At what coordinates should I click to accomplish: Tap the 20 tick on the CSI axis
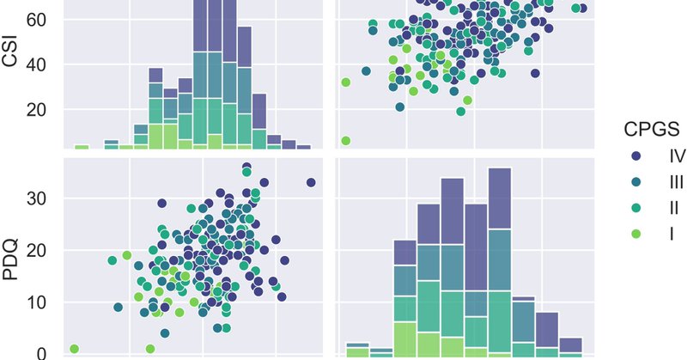[45, 110]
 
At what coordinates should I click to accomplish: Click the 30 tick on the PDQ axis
[45, 198]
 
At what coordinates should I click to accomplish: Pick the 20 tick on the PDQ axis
[45, 250]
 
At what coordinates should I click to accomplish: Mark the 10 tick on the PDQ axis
[45, 302]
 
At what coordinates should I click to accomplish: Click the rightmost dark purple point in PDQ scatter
[311, 182]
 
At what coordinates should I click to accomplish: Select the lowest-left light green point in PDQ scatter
[75, 349]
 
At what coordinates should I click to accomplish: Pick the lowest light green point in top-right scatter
[345, 140]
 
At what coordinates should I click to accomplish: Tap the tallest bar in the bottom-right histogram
[499, 258]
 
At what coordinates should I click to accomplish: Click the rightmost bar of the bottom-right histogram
[570, 345]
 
